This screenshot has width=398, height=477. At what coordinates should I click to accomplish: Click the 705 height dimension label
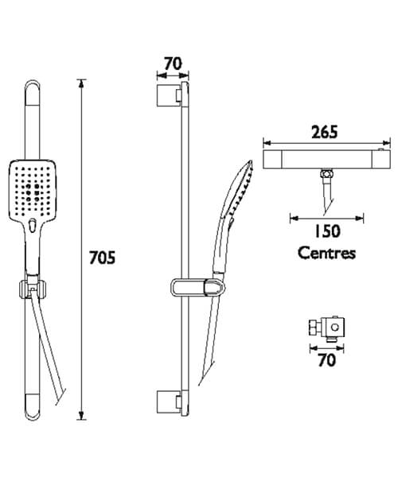coord(103,258)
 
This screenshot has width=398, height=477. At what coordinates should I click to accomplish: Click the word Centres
coord(327,253)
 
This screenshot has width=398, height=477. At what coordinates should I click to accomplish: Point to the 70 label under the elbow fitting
coord(326,361)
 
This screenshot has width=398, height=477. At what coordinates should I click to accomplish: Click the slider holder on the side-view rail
coord(191,285)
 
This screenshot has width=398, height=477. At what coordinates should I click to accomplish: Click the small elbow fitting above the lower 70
coord(326,327)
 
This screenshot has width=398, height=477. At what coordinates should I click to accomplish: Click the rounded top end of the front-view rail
coord(32,89)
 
